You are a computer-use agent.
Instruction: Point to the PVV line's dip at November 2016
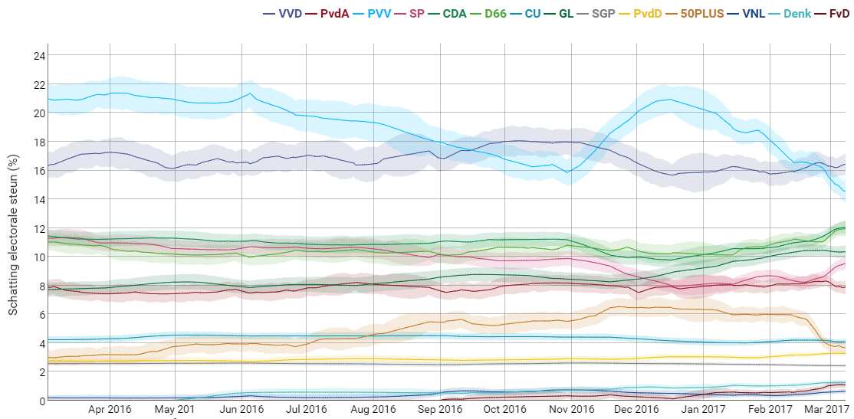point(567,172)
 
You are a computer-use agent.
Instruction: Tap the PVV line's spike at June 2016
point(250,93)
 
